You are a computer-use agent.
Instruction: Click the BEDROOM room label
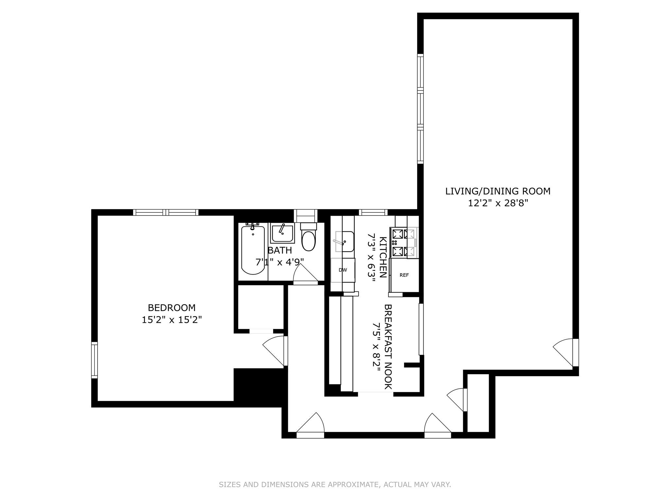click(x=171, y=308)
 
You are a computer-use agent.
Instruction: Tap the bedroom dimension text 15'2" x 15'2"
click(x=171, y=320)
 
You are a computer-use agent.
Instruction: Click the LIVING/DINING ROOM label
click(x=498, y=191)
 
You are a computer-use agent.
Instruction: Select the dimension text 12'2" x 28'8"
click(x=498, y=203)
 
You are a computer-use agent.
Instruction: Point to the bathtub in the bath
click(x=253, y=250)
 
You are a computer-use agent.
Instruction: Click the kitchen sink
click(x=344, y=242)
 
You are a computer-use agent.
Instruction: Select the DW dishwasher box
click(x=343, y=270)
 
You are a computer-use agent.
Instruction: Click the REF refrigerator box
click(x=404, y=275)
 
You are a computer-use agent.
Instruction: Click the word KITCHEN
click(x=383, y=257)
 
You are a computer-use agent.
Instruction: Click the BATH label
click(x=280, y=251)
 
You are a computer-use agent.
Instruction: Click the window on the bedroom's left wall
click(x=95, y=360)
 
